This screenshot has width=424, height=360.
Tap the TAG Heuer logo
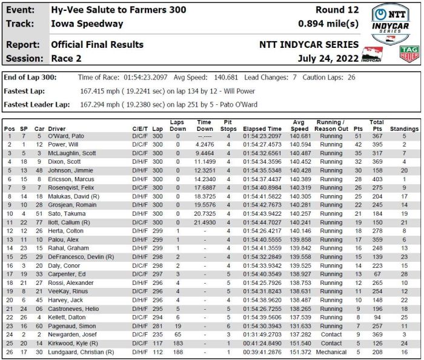410,54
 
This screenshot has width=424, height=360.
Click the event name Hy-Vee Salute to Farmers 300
119,10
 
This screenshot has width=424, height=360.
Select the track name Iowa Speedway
87,24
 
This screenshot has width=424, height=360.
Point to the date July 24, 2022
328,58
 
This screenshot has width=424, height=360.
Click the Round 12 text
337,10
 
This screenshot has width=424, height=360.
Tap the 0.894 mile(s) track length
328,24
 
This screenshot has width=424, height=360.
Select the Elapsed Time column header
262,129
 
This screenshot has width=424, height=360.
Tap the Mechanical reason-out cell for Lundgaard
331,352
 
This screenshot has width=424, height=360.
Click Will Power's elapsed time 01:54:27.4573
262,145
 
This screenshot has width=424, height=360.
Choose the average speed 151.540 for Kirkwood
300,343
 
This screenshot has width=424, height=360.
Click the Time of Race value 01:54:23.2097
145,78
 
